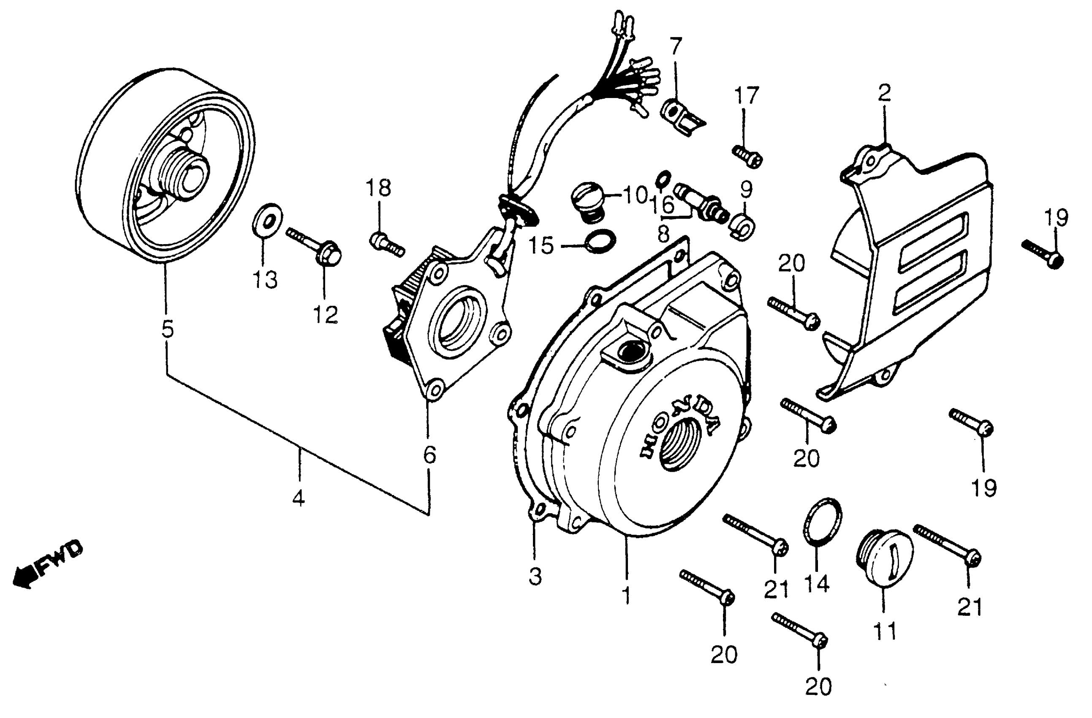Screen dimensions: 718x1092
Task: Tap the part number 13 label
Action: click(266, 280)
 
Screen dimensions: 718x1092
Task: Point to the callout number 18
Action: click(378, 188)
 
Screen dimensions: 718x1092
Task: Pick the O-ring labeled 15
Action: click(600, 241)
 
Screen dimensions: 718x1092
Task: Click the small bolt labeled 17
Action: click(747, 155)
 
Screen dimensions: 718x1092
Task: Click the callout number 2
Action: click(884, 93)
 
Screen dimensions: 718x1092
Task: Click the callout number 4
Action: click(299, 498)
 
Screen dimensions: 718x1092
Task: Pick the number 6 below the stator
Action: click(429, 454)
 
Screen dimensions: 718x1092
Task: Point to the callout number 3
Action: click(535, 577)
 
